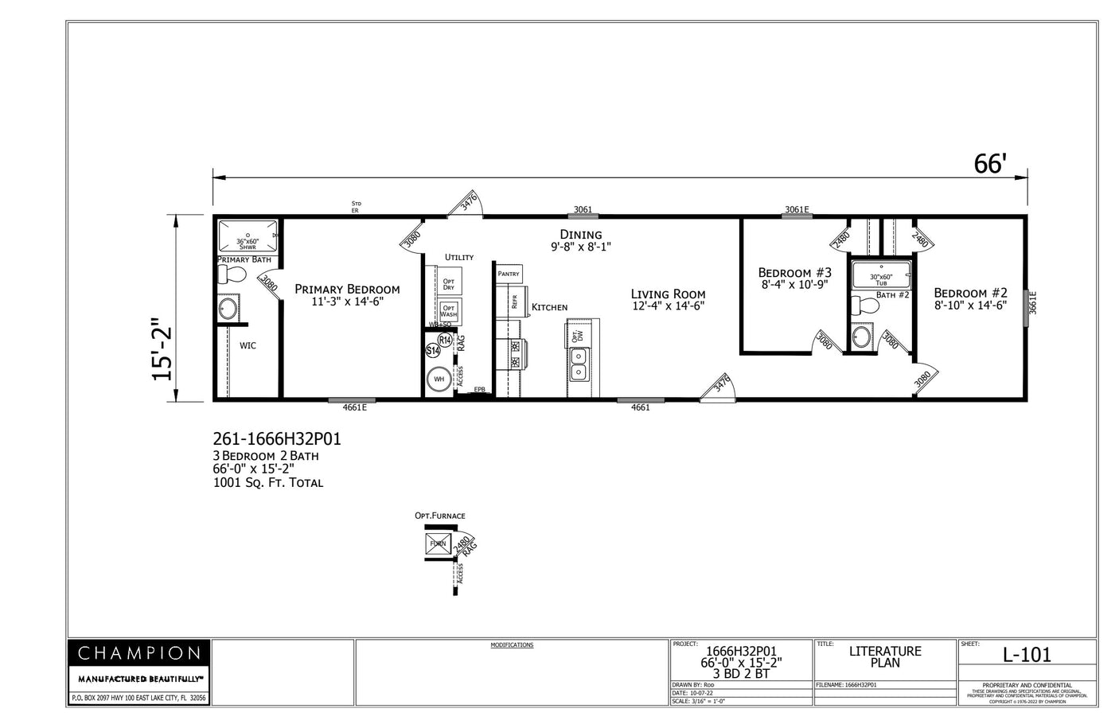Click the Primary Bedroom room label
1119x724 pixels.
(347, 290)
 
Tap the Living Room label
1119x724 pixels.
(669, 294)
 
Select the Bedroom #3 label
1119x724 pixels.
(794, 273)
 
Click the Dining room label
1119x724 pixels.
(580, 235)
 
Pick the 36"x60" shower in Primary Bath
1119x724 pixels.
(248, 237)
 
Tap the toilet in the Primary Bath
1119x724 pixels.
(233, 275)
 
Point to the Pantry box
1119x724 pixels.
(509, 274)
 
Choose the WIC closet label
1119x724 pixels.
(248, 345)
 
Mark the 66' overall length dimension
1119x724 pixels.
(990, 164)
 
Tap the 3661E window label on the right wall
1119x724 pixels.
(1033, 302)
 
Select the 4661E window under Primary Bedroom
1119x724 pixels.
(353, 407)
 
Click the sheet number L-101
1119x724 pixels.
(1027, 655)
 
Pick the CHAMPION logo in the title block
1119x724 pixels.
(138, 654)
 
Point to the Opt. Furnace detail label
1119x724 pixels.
(439, 516)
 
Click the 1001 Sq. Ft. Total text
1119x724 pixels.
(267, 482)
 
